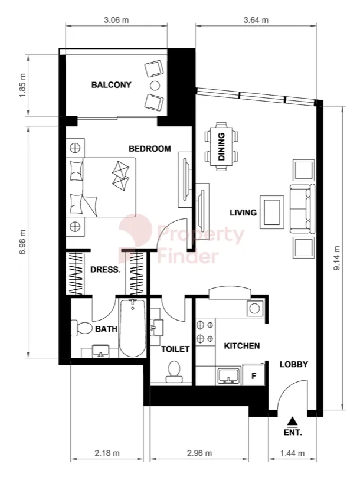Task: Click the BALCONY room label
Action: (x=112, y=84)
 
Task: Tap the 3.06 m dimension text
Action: (x=116, y=20)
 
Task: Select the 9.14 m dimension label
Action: (x=337, y=258)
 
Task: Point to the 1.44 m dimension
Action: (x=292, y=453)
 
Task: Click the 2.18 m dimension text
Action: (x=107, y=453)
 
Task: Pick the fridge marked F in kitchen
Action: (x=254, y=375)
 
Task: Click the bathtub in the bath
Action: (x=133, y=328)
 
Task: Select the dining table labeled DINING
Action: (x=221, y=146)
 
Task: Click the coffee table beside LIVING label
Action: (x=272, y=212)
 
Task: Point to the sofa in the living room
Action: (x=303, y=209)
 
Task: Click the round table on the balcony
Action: (x=155, y=86)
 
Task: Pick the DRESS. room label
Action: (x=106, y=270)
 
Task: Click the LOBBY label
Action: (x=294, y=364)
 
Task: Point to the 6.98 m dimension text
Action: (x=23, y=243)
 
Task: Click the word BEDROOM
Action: (x=150, y=149)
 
